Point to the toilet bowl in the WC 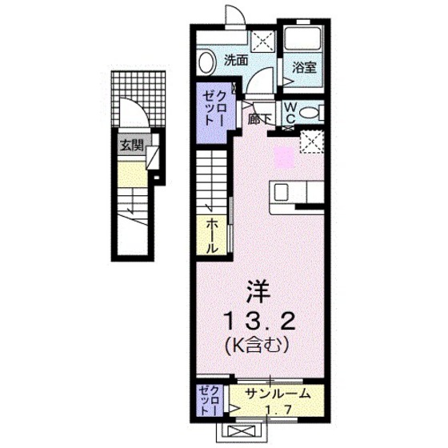[x=314, y=112]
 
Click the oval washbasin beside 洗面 [x=206, y=62]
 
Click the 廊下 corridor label [x=258, y=119]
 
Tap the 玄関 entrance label [x=132, y=146]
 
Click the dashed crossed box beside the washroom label [x=261, y=41]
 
